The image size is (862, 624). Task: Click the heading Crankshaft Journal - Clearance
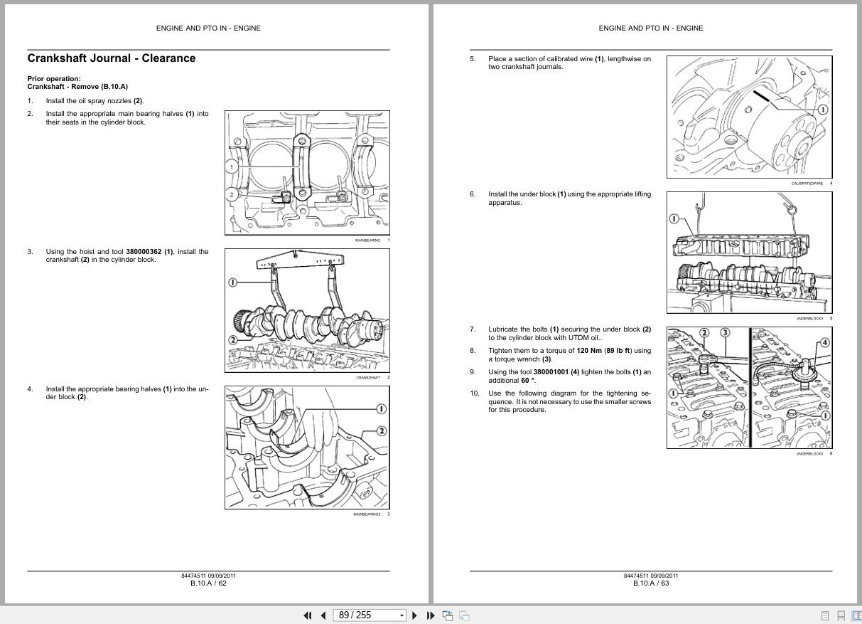point(111,58)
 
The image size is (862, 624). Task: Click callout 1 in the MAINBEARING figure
point(231,167)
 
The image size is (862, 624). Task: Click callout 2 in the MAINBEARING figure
point(231,194)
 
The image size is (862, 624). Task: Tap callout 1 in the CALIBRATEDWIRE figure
point(822,110)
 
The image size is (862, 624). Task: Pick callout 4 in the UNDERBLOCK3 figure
point(824,342)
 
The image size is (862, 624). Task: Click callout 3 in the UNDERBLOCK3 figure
point(724,332)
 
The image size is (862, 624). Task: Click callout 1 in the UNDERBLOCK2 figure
point(674,219)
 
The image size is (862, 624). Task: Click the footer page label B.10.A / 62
point(208,583)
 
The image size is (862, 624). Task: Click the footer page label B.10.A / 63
point(651,583)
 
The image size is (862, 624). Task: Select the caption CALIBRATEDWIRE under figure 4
point(807,184)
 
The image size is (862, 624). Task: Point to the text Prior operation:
point(54,79)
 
